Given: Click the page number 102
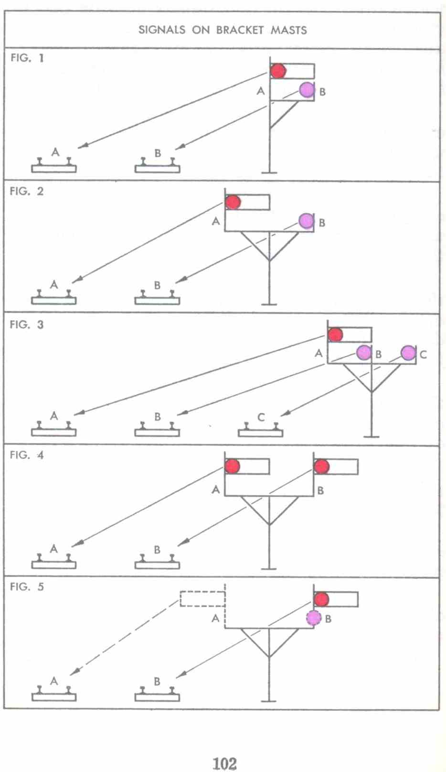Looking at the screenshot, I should (x=224, y=763).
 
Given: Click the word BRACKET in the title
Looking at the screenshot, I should (x=240, y=30).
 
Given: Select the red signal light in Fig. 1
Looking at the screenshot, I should (x=278, y=71).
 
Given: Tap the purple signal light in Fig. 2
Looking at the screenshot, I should (x=307, y=221).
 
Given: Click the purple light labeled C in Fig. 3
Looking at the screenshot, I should (x=408, y=353).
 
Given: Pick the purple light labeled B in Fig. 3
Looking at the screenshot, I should (x=364, y=353).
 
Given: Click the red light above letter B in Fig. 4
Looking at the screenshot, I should (x=321, y=466).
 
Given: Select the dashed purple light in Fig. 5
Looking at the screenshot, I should (x=314, y=618).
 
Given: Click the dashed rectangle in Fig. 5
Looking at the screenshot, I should (x=202, y=599).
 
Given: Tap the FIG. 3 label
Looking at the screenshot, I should (x=27, y=325).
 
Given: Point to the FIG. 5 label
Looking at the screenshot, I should (x=27, y=587).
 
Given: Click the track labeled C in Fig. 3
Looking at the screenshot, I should (x=261, y=431).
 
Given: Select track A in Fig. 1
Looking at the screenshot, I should (x=54, y=167).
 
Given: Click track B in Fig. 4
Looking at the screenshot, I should (x=157, y=564).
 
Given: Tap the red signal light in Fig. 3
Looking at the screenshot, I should (x=335, y=334).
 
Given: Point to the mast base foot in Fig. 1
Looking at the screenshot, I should (x=269, y=172).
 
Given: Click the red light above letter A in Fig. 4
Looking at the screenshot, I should (x=232, y=466).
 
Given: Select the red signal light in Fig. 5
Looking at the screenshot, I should (x=321, y=599).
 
